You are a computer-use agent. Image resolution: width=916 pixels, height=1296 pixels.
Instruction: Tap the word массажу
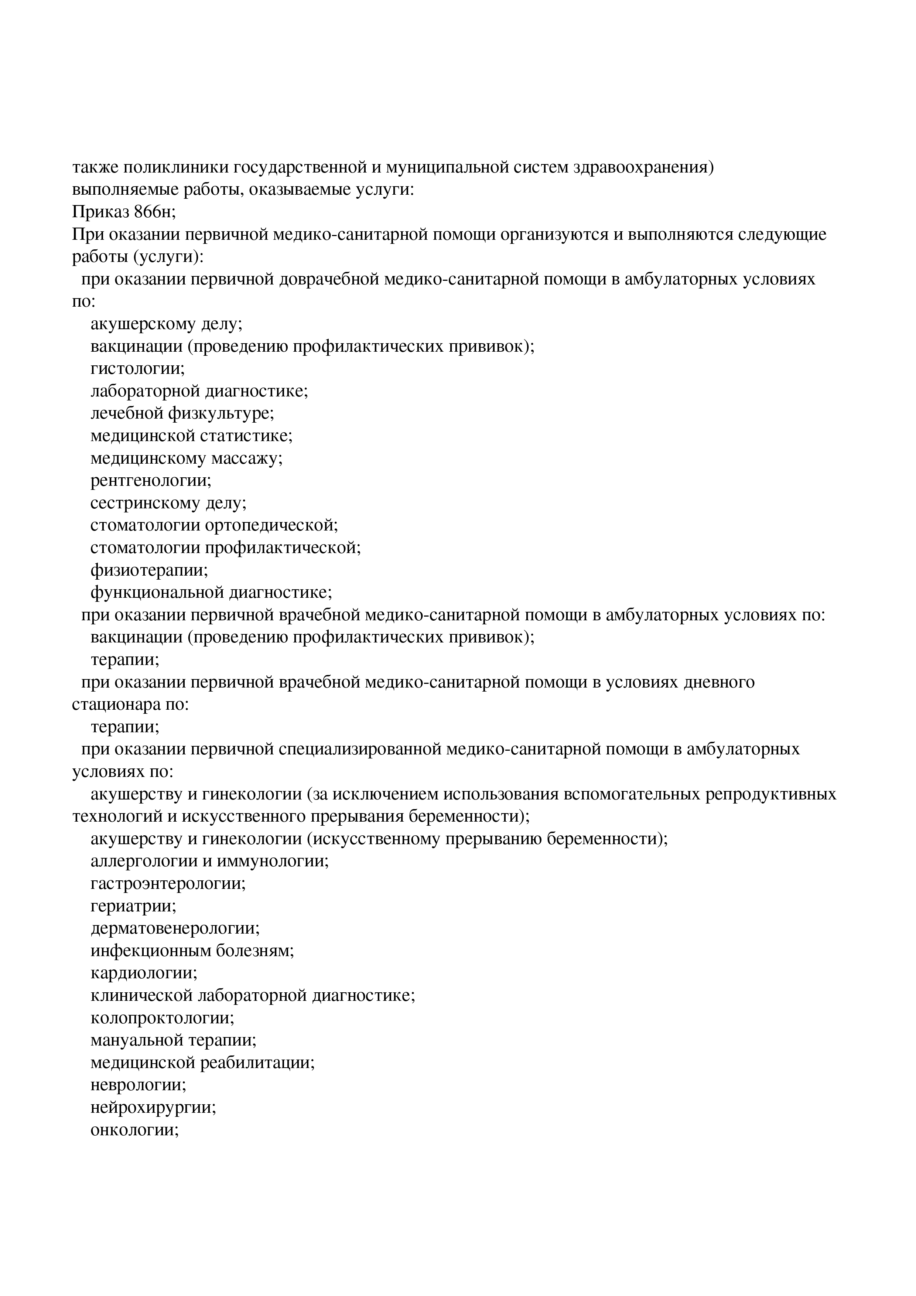(247, 458)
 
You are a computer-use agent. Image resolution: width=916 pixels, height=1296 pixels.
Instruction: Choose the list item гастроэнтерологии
(168, 883)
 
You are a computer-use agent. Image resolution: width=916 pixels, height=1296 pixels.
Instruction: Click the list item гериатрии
(134, 906)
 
